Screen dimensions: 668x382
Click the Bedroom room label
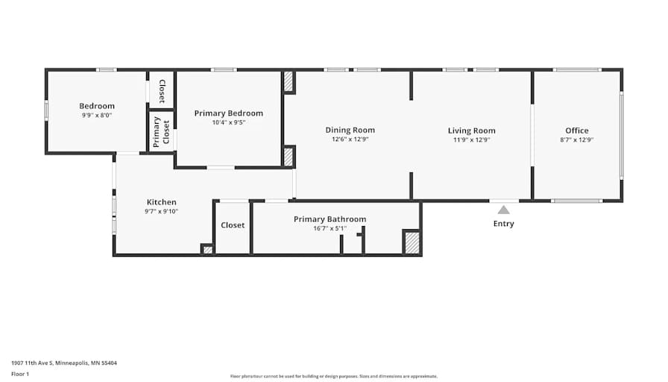(97, 106)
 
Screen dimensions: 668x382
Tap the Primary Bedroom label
(228, 113)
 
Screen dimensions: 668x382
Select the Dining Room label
(350, 131)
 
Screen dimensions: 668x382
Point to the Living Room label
(472, 131)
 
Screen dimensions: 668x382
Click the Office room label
(577, 131)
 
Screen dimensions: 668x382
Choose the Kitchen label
(162, 202)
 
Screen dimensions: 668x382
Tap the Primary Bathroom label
(330, 219)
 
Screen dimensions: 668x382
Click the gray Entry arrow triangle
(503, 210)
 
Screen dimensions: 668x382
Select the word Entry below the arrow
(503, 224)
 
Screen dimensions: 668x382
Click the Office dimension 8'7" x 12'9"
(577, 140)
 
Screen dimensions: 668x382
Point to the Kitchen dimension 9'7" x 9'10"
(162, 211)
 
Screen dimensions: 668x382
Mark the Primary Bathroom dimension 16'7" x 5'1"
(330, 228)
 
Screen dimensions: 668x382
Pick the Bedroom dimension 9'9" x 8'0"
(97, 115)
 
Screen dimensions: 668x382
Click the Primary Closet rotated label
(162, 132)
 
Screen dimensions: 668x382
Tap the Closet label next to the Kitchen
(233, 225)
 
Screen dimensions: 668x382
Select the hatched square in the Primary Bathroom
(412, 242)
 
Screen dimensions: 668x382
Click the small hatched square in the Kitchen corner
(207, 249)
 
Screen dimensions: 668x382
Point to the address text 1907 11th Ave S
(32, 363)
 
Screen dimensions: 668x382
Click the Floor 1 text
(20, 375)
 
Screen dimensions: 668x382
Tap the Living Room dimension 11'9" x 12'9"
(472, 140)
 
